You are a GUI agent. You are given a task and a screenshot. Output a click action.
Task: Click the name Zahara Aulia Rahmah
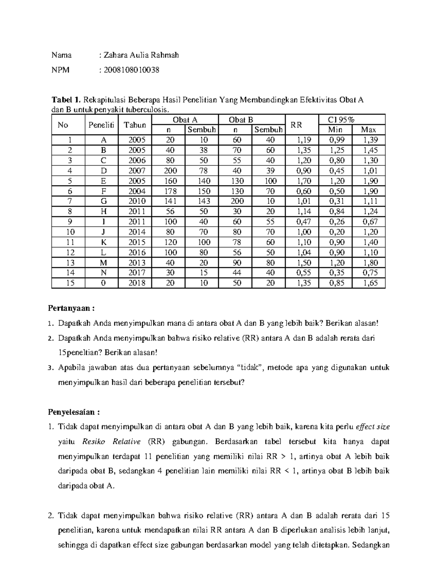pyautogui.click(x=141, y=55)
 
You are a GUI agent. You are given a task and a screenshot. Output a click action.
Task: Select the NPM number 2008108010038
pyautogui.click(x=131, y=70)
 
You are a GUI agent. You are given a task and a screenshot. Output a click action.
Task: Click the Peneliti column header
pyautogui.click(x=101, y=125)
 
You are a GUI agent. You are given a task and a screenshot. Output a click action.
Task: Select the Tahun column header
pyautogui.click(x=135, y=125)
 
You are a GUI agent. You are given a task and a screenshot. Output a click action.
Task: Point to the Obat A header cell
pyautogui.click(x=185, y=120)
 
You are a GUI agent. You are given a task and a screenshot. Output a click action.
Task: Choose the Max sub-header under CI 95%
pyautogui.click(x=368, y=130)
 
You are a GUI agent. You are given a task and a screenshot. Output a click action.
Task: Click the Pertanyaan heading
pyautogui.click(x=71, y=308)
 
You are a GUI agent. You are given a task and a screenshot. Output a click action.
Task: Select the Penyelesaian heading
pyautogui.click(x=74, y=412)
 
